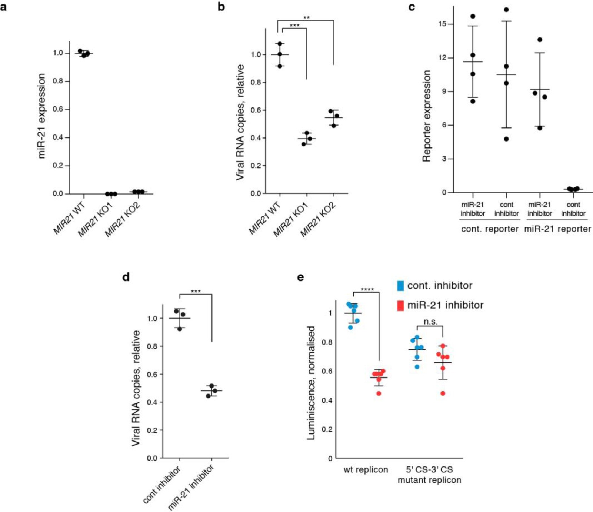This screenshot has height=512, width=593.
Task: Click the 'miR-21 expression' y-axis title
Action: click(x=41, y=116)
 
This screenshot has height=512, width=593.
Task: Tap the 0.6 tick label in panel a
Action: click(x=58, y=109)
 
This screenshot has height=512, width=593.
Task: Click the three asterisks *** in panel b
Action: click(x=294, y=26)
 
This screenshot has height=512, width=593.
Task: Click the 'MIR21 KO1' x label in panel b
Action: click(x=291, y=220)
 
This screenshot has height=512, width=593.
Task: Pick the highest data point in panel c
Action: click(x=506, y=10)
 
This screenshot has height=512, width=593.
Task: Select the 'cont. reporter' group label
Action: click(x=490, y=229)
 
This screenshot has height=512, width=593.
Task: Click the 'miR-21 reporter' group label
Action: click(x=557, y=229)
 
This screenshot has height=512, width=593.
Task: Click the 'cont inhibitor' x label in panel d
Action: click(x=162, y=485)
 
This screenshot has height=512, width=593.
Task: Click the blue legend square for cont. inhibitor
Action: click(x=400, y=286)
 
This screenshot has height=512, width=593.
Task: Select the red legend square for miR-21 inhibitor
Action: click(x=400, y=306)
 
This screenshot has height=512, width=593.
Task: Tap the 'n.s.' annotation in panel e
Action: click(x=430, y=322)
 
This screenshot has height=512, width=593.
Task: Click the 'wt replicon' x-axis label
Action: click(x=366, y=470)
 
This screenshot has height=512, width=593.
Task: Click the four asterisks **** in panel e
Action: click(x=367, y=290)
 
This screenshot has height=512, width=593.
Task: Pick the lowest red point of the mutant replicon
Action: click(x=443, y=393)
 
